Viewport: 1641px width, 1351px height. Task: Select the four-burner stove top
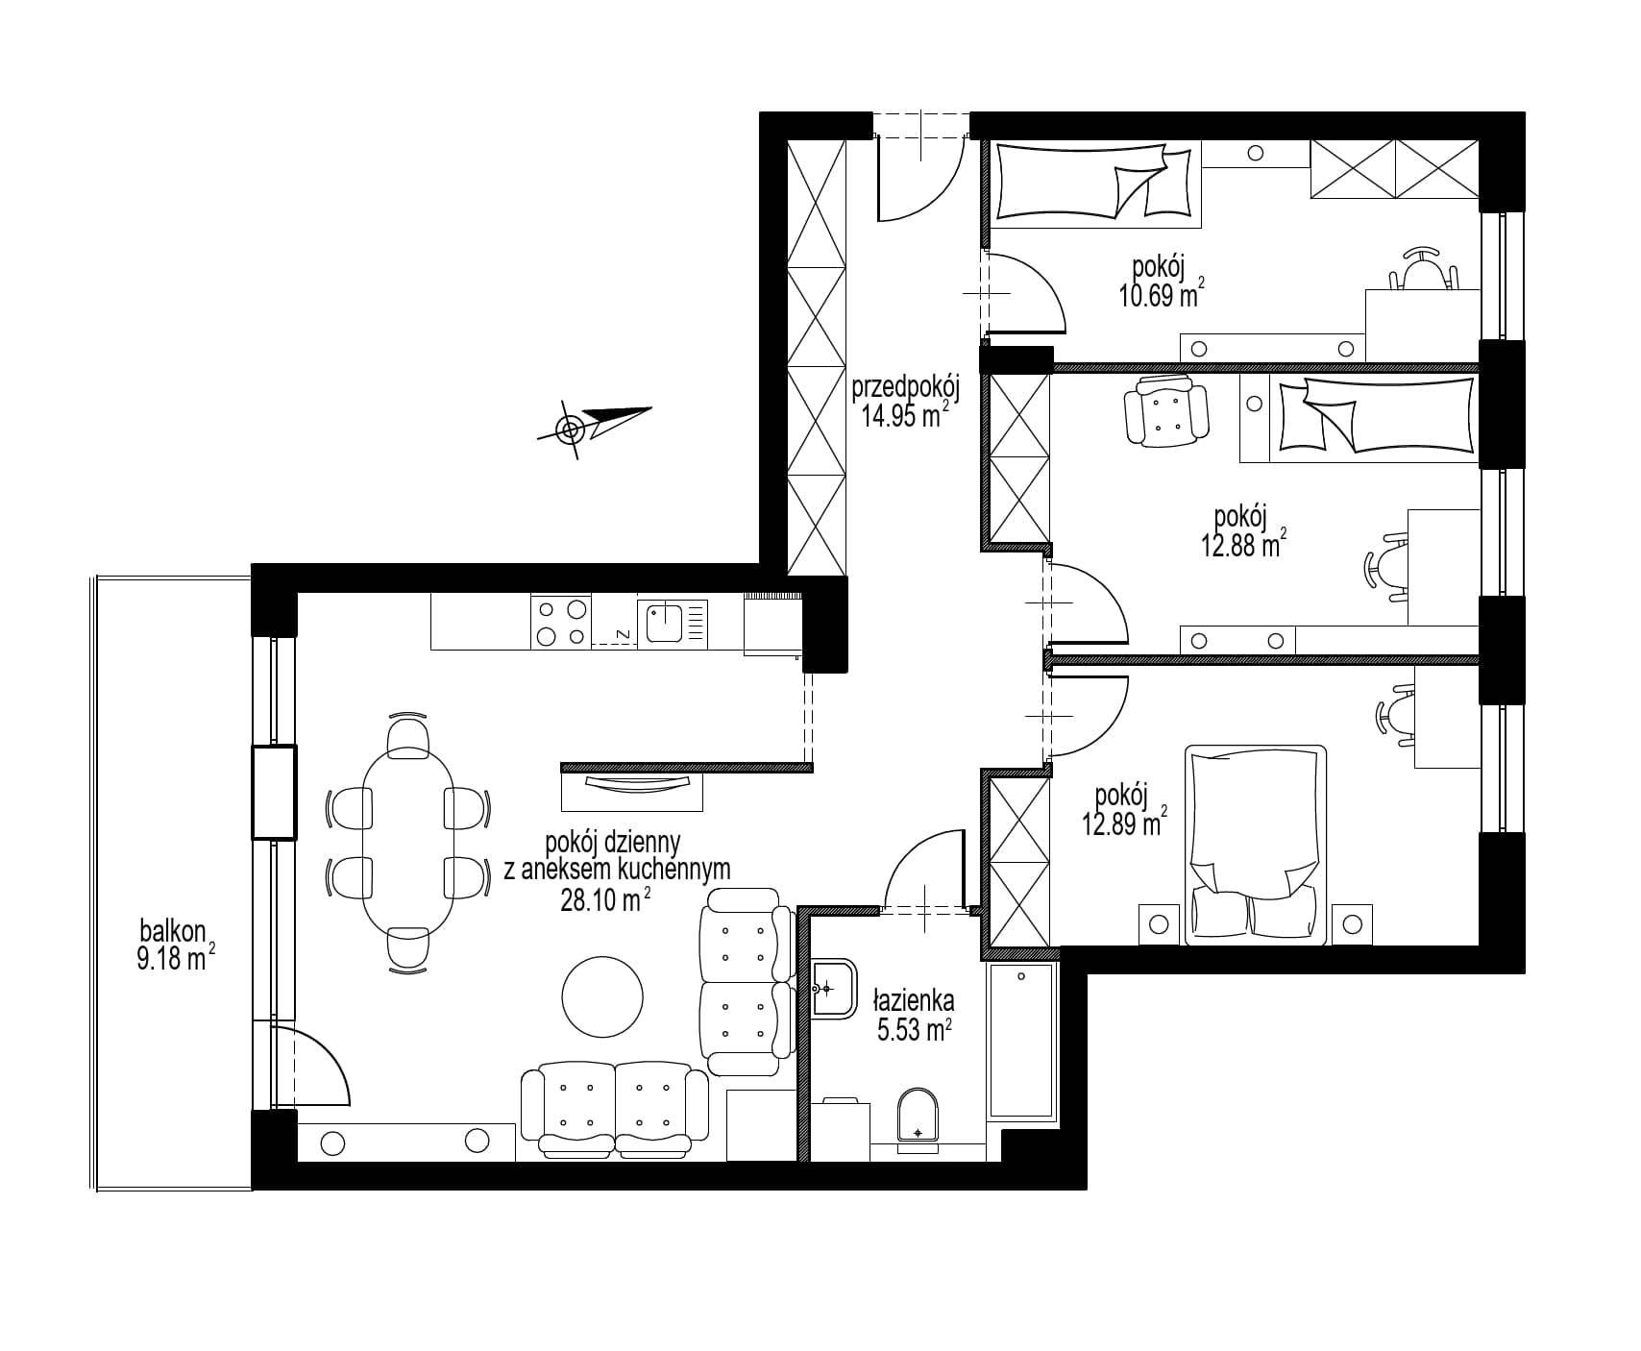click(560, 622)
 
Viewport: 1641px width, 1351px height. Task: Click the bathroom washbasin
click(833, 987)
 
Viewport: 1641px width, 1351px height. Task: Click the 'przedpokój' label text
click(907, 388)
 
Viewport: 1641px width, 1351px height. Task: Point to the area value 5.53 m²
click(914, 1031)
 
